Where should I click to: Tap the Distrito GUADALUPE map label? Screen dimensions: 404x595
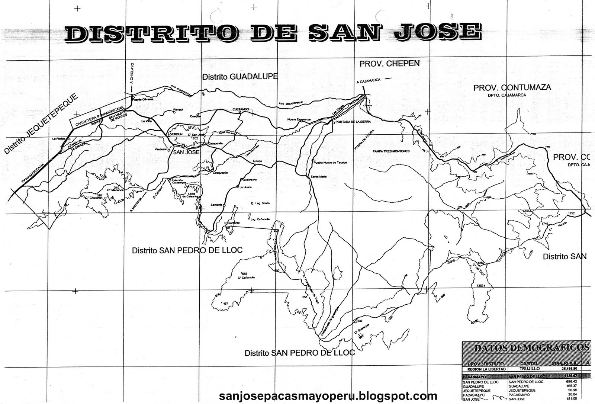pos(240,76)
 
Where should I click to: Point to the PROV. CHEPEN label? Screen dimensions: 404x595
pos(389,64)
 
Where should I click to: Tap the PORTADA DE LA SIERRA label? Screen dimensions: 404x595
pos(353,122)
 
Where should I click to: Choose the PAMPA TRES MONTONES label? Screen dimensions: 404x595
pos(391,151)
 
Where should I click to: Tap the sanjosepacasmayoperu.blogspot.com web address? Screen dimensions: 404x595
pos(328,395)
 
